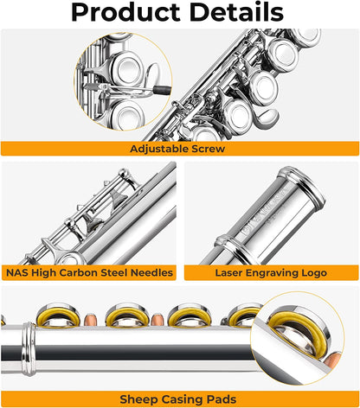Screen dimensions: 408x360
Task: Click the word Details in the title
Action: click(x=235, y=13)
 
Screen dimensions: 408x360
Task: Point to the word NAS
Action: click(x=19, y=273)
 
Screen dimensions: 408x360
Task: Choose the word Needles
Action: click(x=153, y=273)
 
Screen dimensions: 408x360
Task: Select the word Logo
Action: click(x=312, y=273)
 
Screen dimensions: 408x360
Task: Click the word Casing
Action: click(x=177, y=398)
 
